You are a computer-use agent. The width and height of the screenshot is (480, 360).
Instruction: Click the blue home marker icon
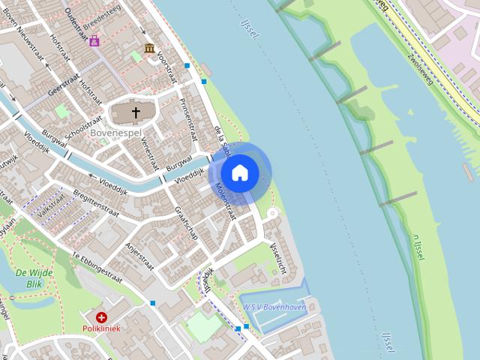(240, 173)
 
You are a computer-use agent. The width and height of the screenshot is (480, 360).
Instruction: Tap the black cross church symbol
(136, 113)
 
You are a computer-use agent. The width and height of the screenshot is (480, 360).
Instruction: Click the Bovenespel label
(111, 133)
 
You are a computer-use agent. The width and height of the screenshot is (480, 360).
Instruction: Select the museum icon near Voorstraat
(149, 49)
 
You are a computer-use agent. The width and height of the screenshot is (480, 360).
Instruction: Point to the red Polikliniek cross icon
(101, 317)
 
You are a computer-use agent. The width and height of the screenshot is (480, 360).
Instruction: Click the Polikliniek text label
(101, 329)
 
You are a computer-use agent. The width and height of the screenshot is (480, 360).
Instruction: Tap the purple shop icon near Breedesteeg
(94, 41)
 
